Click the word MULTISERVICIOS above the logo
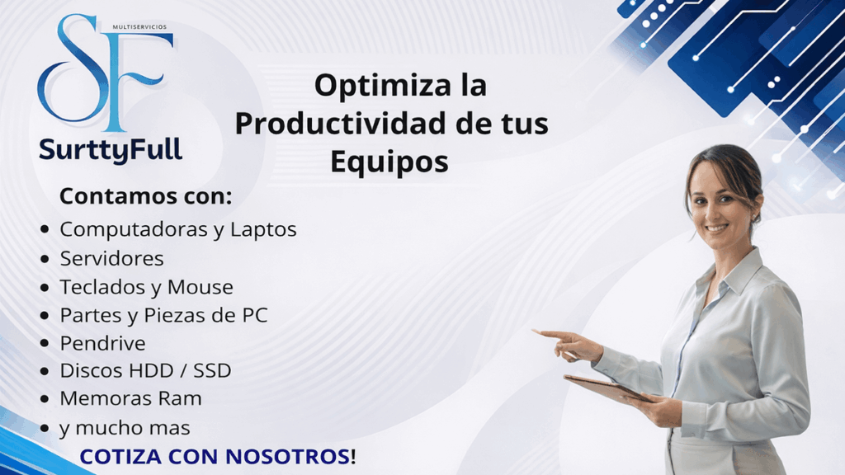click(138, 27)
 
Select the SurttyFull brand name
click(111, 150)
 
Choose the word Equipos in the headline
click(389, 162)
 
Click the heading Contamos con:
click(145, 197)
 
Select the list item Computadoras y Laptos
click(178, 228)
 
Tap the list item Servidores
click(112, 258)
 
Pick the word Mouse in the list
click(201, 287)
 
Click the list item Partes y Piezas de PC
click(163, 315)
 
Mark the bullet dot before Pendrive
click(45, 344)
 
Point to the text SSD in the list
click(211, 371)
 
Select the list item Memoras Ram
click(130, 398)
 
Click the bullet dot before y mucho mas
click(45, 429)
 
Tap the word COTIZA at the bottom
click(120, 456)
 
